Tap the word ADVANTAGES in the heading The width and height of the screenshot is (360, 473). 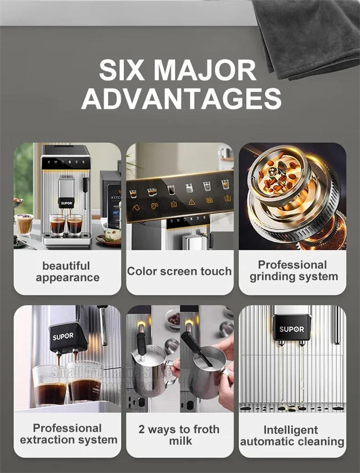point(181,98)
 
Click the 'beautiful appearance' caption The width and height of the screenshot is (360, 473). point(67,272)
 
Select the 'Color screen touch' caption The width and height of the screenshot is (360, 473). point(179,272)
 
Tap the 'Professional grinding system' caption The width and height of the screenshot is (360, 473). point(293,271)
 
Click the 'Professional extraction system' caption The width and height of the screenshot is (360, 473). point(68,434)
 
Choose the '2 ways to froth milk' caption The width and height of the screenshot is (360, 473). point(180,435)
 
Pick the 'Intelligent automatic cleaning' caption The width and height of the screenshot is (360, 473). point(292,436)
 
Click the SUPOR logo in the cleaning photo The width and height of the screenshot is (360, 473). point(292,329)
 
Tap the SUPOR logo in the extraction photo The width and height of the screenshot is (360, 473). point(62,337)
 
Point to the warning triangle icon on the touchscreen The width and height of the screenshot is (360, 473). point(192,202)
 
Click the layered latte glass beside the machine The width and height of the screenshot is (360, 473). point(24,223)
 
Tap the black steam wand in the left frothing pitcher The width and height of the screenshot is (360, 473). point(141,344)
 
